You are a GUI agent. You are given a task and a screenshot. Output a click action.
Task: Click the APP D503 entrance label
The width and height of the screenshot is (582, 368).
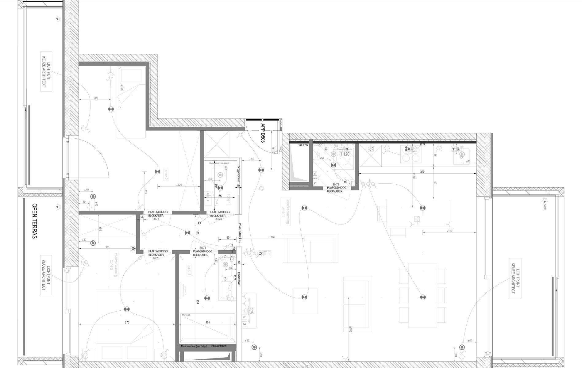(x=263, y=133)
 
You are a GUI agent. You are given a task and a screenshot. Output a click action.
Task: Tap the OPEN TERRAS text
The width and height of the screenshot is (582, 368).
(x=34, y=221)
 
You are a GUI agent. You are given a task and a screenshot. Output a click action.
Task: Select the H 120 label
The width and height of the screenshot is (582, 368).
(x=344, y=154)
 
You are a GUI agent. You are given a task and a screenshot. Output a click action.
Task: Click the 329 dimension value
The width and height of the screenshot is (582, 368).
(x=422, y=172)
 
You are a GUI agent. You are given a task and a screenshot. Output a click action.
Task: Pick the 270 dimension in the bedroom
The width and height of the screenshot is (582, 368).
(x=127, y=322)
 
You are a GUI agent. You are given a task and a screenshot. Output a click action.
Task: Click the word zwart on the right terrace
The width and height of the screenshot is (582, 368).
(x=545, y=206)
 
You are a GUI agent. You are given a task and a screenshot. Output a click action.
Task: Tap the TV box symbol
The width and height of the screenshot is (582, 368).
(x=245, y=317)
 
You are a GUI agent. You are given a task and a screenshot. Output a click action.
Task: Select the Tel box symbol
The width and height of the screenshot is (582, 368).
(x=245, y=324)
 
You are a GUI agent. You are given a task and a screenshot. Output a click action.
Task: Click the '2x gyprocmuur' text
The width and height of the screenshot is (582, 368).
(x=238, y=175)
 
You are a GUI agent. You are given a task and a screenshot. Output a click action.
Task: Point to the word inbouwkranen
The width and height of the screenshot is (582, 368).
(x=219, y=346)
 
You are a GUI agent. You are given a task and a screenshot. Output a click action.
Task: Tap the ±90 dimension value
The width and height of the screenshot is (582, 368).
(x=95, y=98)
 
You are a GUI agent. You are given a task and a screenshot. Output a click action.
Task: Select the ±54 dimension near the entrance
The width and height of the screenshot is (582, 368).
(x=251, y=159)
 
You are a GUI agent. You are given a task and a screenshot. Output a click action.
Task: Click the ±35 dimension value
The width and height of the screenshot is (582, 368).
(x=247, y=340)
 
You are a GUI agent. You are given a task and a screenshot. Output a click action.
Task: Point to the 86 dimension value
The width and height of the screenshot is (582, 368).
(x=220, y=195)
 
